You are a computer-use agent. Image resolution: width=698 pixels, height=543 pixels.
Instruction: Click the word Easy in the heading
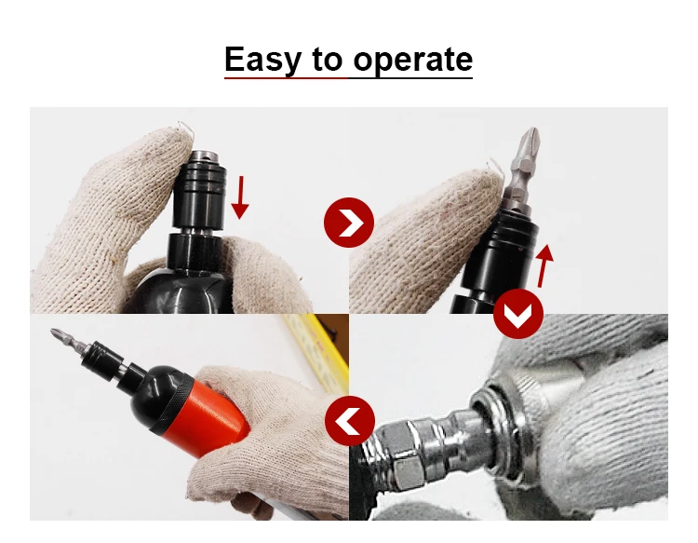[263, 60]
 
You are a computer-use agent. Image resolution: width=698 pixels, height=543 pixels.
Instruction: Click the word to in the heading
[327, 61]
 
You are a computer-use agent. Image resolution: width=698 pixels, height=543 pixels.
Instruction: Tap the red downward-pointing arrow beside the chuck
[240, 196]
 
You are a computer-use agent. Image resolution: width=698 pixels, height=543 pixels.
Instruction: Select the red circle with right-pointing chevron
[348, 223]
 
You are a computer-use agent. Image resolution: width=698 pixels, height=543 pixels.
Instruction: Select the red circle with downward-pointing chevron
[517, 314]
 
